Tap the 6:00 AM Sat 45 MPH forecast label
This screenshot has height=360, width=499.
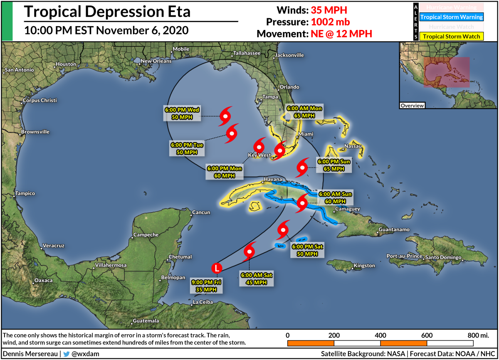257,279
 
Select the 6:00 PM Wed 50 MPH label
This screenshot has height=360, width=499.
182,113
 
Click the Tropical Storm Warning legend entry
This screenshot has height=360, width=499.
451,17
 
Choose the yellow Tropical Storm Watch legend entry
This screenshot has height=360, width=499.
451,37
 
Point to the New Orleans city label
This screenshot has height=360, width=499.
156,61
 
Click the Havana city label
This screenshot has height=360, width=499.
269,180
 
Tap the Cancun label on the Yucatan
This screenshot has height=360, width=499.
201,212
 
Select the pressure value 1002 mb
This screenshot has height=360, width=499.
327,22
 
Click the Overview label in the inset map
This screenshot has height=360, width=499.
412,106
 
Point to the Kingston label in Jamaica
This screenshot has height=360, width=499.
364,266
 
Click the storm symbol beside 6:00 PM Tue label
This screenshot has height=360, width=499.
232,133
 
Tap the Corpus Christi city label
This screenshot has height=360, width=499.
40,101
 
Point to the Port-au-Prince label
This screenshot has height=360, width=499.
403,256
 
